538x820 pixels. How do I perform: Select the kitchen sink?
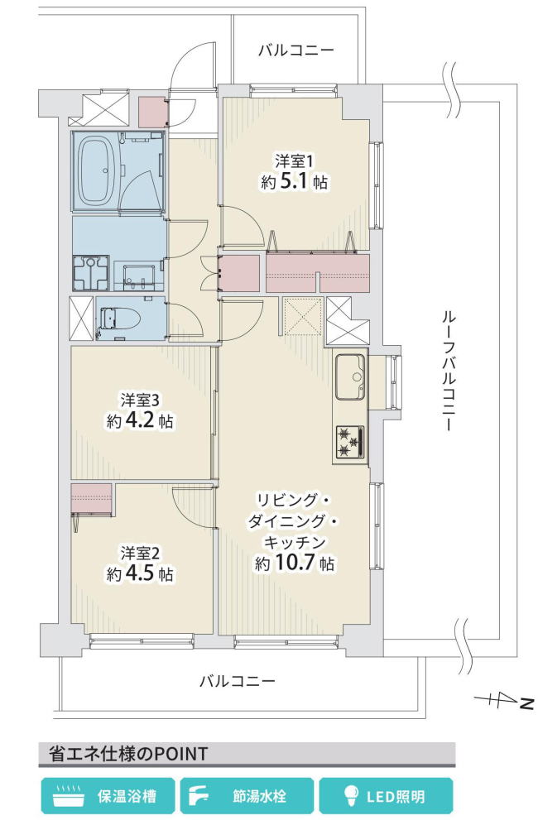click(x=350, y=376)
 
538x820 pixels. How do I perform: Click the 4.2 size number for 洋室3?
click(x=139, y=421)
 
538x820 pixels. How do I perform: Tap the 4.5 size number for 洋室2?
click(x=139, y=573)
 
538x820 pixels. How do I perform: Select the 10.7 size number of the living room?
click(x=295, y=562)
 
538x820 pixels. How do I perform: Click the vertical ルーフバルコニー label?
click(x=449, y=372)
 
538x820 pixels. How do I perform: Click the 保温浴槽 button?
click(x=108, y=797)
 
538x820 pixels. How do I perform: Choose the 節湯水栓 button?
click(x=247, y=797)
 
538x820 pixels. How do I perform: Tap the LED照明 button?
click(x=387, y=797)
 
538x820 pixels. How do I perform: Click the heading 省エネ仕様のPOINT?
click(x=128, y=754)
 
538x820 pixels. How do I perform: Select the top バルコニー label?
click(x=296, y=50)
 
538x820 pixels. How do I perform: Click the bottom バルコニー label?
click(x=237, y=681)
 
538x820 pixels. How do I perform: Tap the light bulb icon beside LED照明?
click(x=350, y=796)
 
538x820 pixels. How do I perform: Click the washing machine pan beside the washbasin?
click(x=91, y=272)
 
